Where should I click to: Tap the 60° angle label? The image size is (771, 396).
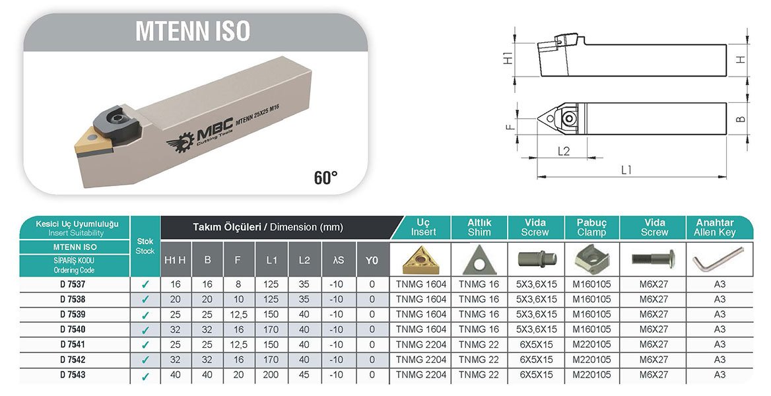326,177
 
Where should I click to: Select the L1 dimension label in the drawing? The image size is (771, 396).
626,170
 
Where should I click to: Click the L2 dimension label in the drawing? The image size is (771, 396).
564,152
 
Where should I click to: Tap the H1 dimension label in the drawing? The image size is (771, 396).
508,58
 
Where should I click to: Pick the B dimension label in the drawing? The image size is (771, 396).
742,119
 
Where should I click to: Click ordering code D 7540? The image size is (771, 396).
73,329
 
